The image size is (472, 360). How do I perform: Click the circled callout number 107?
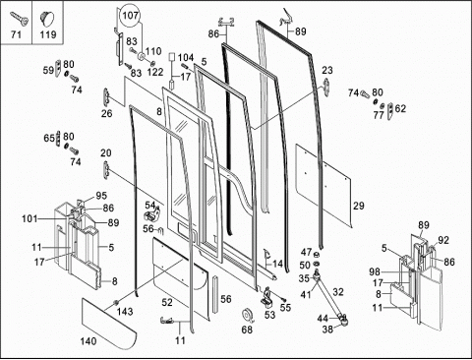(131, 16)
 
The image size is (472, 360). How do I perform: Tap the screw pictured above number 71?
(20, 18)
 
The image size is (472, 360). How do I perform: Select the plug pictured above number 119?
(47, 18)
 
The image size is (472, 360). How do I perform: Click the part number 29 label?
(359, 206)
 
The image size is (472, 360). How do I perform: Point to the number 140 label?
(88, 341)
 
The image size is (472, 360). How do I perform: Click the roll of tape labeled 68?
(247, 317)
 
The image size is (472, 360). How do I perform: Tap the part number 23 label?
(327, 70)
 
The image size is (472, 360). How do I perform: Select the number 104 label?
(186, 58)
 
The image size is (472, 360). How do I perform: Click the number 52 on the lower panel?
(167, 302)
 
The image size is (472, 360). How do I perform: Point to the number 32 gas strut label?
(338, 292)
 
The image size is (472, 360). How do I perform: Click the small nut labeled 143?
(115, 302)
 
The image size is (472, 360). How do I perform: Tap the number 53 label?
(269, 315)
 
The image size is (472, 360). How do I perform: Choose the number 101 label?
(29, 218)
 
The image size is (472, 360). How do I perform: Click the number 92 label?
(443, 240)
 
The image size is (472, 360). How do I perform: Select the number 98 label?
(375, 271)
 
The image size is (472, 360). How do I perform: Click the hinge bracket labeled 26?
(106, 96)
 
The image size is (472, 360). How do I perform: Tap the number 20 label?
(106, 153)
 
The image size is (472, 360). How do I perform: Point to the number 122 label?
(155, 72)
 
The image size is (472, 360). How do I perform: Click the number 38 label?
(327, 329)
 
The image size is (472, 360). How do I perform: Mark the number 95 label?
(101, 196)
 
